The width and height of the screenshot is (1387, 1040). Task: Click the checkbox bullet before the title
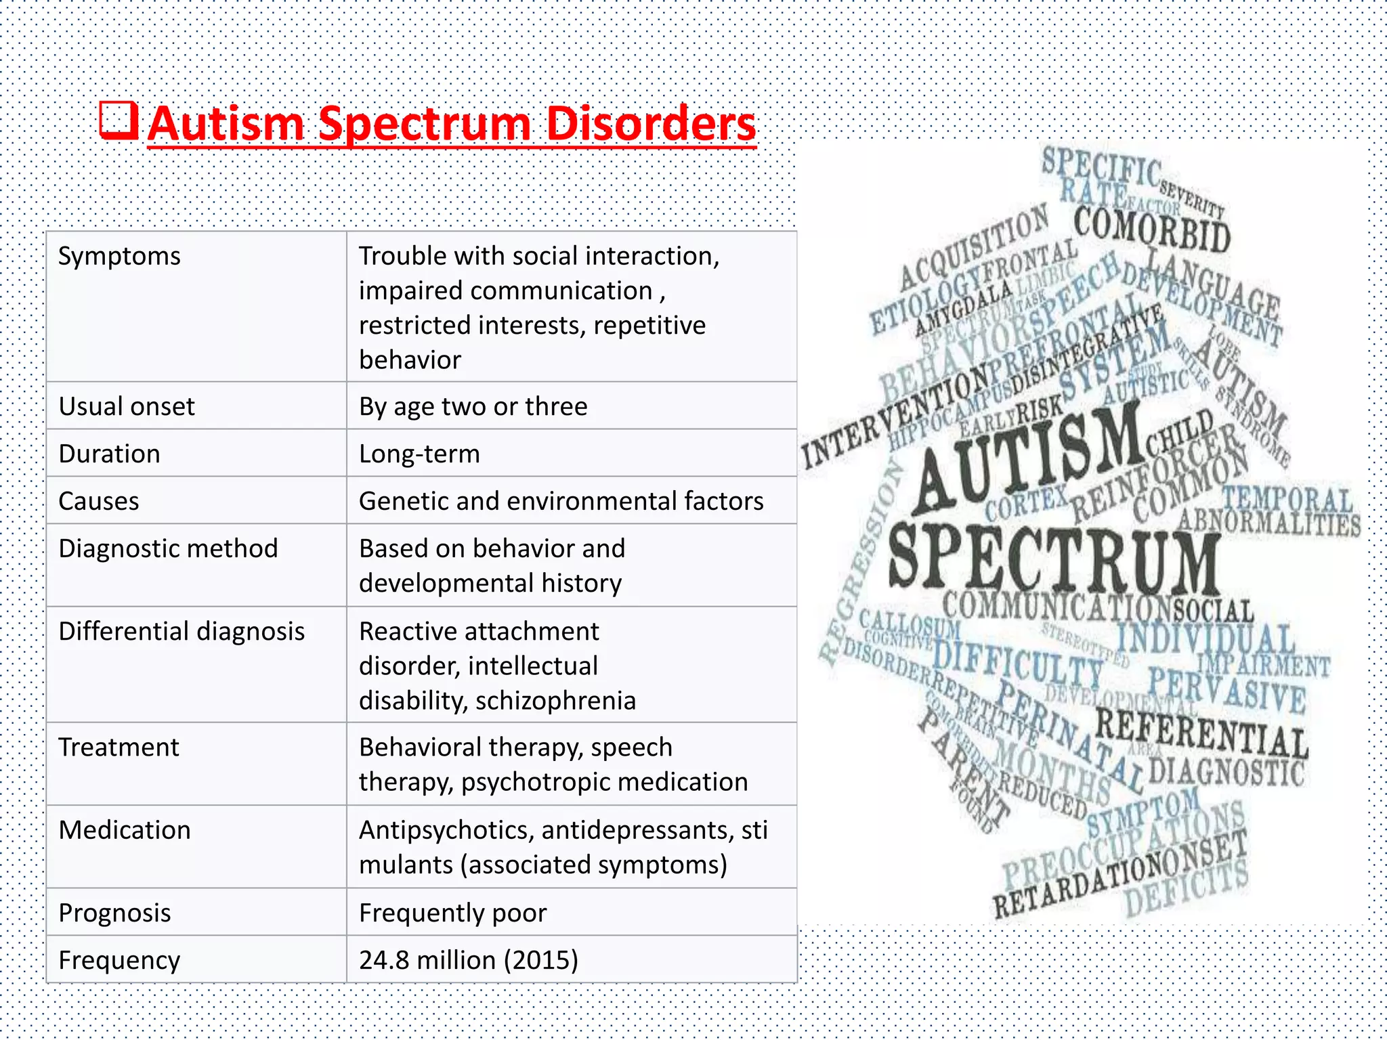(119, 121)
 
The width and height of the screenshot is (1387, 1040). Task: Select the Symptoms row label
(119, 257)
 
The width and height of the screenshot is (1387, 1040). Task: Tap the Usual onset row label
(127, 407)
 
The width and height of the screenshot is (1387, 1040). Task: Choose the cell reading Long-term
(419, 454)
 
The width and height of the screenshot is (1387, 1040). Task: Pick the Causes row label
(99, 502)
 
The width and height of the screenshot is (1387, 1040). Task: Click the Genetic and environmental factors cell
(561, 502)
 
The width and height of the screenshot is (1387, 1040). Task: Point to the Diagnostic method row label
(168, 549)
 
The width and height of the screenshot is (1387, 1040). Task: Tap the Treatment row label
(119, 747)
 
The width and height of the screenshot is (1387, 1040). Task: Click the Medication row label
(125, 831)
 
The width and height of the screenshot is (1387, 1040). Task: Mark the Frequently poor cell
(452, 913)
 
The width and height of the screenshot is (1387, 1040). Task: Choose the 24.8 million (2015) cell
(468, 961)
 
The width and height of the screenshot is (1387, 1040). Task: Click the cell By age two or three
(473, 407)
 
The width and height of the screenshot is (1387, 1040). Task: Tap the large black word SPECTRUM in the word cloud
(1053, 559)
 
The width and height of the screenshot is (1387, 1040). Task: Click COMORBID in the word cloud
(1152, 230)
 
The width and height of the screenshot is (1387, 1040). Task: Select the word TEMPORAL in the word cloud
(1287, 500)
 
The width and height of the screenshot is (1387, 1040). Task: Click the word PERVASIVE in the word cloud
(1226, 689)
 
